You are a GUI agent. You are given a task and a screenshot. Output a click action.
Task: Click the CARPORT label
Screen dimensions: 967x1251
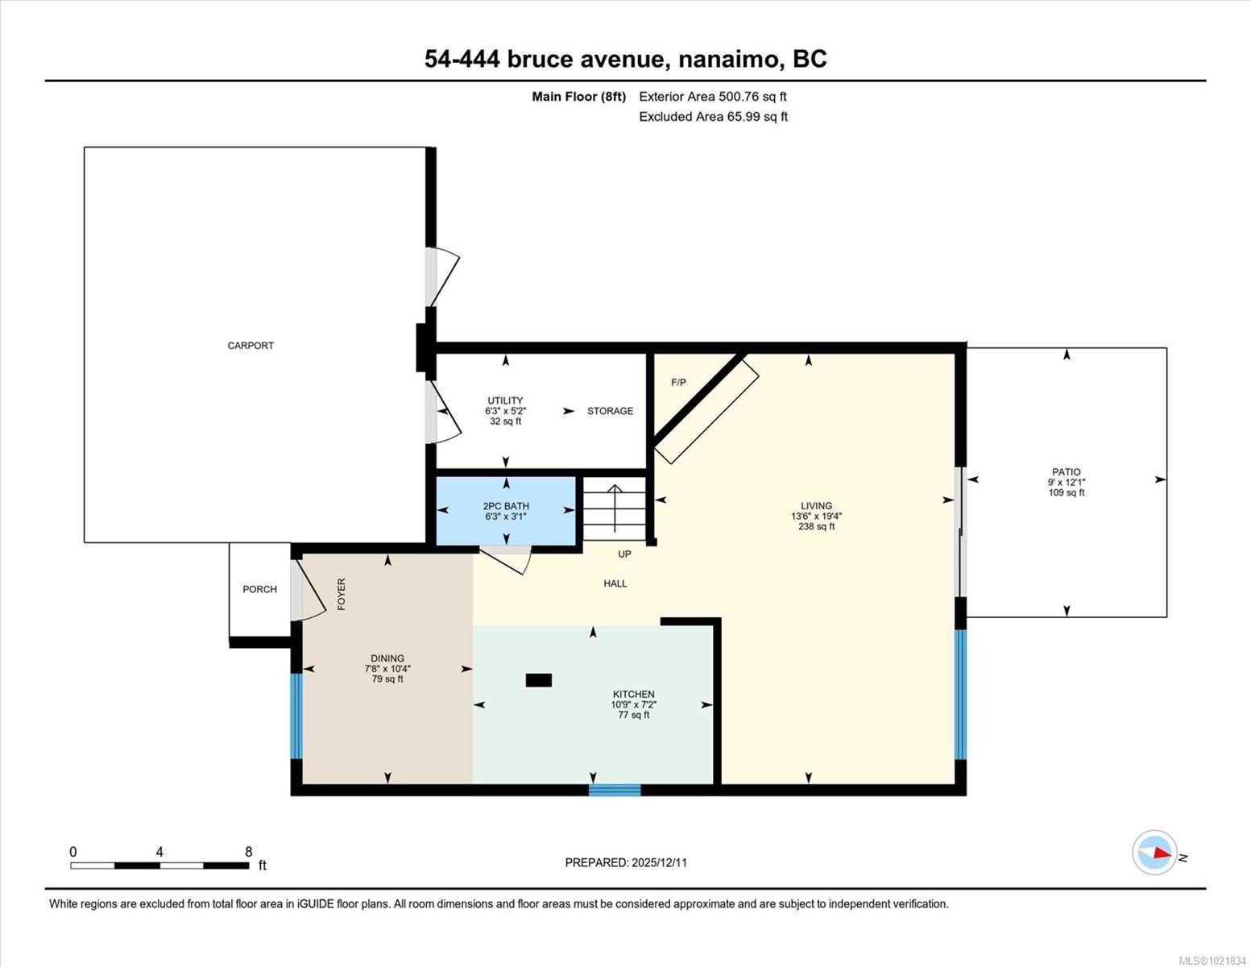(251, 346)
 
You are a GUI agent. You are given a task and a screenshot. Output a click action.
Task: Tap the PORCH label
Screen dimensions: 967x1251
(259, 590)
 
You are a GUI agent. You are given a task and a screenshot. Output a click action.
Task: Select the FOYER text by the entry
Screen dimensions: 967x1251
(342, 594)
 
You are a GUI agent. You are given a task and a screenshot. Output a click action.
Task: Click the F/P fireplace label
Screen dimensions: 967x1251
(678, 383)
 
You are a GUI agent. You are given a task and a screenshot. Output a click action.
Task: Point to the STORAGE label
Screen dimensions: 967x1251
(610, 411)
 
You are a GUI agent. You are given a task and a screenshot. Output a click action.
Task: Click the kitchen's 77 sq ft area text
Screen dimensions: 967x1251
(633, 715)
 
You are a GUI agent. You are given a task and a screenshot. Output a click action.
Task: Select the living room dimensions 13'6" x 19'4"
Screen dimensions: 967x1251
(816, 517)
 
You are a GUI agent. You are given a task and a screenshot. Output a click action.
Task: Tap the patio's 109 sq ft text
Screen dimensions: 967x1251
(1066, 493)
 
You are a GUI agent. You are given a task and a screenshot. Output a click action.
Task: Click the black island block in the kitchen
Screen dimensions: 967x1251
(538, 680)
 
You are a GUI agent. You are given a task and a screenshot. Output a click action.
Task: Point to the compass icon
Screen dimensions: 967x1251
(1154, 853)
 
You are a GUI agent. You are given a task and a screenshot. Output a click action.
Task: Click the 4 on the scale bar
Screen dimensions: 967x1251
(159, 852)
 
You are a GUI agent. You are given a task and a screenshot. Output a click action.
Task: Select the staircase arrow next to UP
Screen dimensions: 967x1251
(615, 508)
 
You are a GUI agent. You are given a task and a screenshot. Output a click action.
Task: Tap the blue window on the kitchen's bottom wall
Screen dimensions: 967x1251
(615, 790)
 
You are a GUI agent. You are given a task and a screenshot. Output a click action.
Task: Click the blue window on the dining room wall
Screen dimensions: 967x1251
(296, 716)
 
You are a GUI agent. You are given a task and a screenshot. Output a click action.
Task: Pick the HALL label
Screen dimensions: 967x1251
(615, 583)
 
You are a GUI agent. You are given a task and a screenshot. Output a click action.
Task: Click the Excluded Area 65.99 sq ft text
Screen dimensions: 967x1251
(713, 117)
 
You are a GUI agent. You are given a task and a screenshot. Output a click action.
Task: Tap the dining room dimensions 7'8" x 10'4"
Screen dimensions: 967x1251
(387, 669)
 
